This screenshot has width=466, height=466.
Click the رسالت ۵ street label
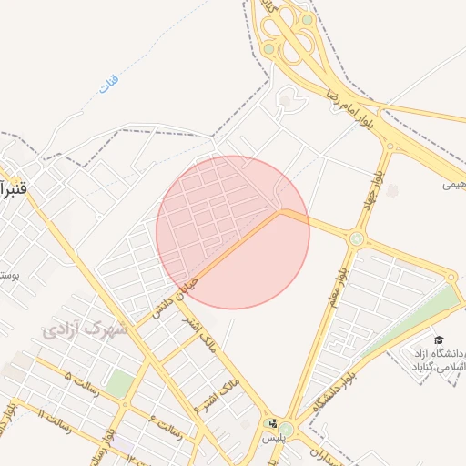[80, 376]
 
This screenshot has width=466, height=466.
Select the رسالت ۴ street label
[167, 427]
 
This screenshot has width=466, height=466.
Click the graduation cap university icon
[439, 339]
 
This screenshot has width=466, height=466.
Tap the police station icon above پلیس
[269, 422]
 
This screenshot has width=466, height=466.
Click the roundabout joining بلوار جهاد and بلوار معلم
[357, 239]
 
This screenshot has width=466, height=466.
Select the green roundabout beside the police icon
[287, 429]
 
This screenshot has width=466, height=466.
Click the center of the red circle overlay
[233, 232]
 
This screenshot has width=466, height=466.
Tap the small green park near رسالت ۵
[118, 383]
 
